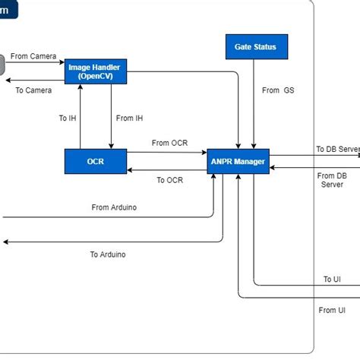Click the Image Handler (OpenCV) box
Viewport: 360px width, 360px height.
pos(95,71)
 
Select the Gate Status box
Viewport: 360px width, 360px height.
pos(255,47)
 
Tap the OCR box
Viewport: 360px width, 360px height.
pos(95,161)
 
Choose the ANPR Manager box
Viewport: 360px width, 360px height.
pos(238,161)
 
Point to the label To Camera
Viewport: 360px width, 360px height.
pos(33,90)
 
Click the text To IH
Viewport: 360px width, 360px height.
pos(68,118)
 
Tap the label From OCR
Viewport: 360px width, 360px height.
pos(169,143)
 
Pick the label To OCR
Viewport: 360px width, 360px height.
pos(169,180)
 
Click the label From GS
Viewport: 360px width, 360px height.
pos(278,90)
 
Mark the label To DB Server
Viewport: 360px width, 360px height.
pos(336,149)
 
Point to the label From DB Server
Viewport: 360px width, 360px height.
pos(332,180)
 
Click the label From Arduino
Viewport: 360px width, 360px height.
pos(114,207)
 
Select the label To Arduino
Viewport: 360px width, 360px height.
pos(108,254)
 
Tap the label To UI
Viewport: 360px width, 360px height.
pos(332,279)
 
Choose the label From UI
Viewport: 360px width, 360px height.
pos(332,310)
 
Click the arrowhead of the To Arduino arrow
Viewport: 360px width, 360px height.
pos(5,242)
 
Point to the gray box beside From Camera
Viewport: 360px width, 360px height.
pos(2,64)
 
